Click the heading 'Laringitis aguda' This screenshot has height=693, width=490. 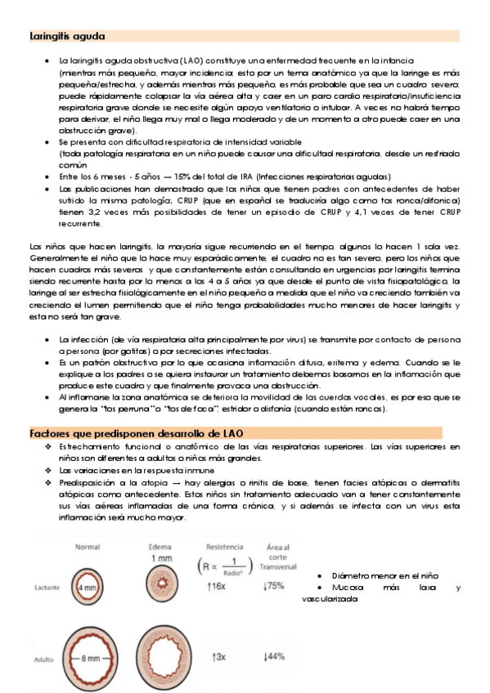(67, 37)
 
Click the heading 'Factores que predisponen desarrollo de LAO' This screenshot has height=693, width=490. (137, 432)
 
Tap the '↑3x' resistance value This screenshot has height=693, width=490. (219, 657)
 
